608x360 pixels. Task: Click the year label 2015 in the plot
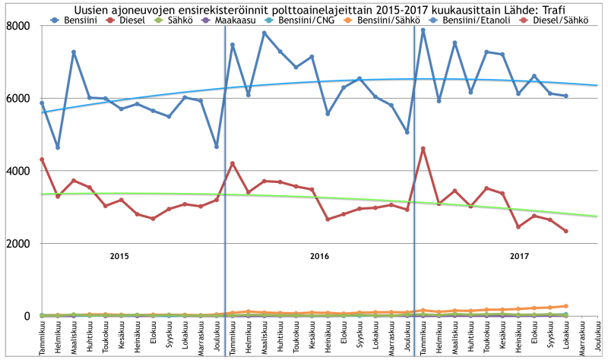(119, 256)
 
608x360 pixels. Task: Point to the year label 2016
(319, 256)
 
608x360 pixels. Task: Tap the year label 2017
(519, 256)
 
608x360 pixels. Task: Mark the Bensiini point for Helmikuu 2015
(58, 147)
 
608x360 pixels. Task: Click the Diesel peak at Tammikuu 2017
(423, 148)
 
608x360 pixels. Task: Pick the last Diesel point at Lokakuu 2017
(565, 231)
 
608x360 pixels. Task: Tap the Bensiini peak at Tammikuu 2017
(423, 30)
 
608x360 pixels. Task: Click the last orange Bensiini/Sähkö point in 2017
(565, 306)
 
